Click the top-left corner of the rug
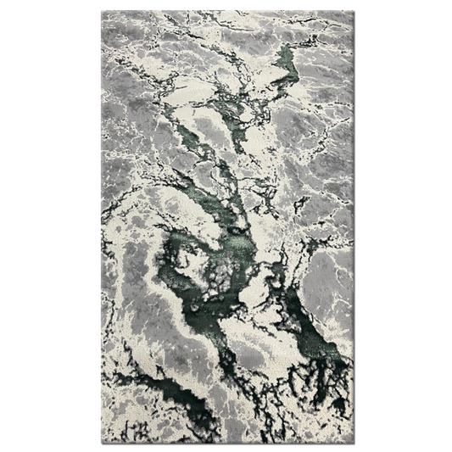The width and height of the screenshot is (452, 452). (x=102, y=12)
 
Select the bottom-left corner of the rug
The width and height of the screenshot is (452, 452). (x=102, y=440)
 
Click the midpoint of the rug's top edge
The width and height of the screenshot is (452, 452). (x=227, y=12)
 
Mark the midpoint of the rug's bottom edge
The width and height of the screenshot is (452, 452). (x=227, y=440)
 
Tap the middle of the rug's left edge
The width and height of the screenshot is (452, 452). (x=102, y=226)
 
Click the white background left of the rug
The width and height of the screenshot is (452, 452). (x=51, y=226)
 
